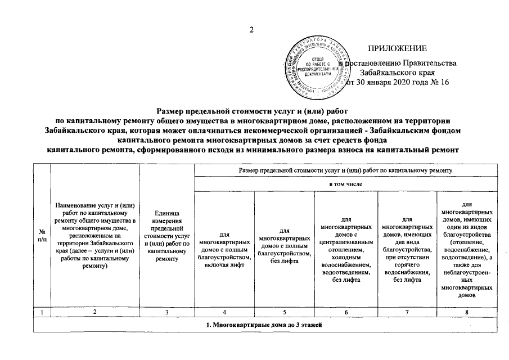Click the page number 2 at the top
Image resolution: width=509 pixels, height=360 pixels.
pyautogui.click(x=253, y=30)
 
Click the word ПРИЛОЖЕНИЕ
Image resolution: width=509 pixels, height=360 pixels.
pyautogui.click(x=398, y=49)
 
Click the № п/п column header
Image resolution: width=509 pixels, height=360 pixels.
pyautogui.click(x=42, y=235)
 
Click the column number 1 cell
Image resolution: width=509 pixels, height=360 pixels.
pyautogui.click(x=42, y=311)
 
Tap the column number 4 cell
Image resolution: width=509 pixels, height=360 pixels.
pyautogui.click(x=224, y=311)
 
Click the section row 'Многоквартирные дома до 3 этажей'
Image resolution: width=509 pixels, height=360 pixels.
pyautogui.click(x=266, y=328)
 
